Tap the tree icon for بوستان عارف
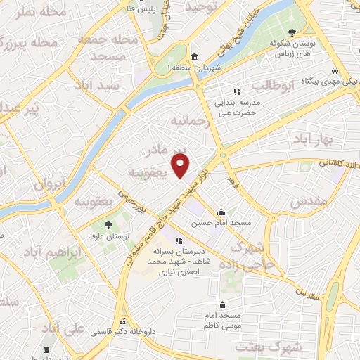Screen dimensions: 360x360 pos(108,225)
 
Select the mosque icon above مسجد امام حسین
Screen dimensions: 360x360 pos(221,212)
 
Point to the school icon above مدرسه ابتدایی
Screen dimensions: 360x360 pos(237,91)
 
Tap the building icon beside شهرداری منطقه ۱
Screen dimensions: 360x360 pos(194,57)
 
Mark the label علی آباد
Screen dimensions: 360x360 pos(63,329)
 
